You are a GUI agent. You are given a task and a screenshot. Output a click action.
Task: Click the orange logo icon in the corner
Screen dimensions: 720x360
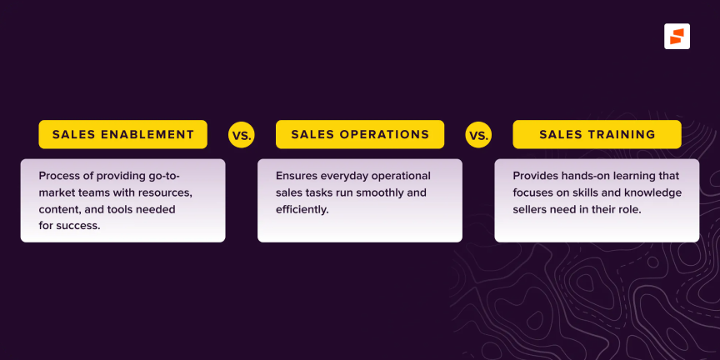click(x=677, y=37)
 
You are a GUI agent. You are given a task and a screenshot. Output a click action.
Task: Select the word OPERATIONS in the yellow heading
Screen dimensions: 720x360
click(x=384, y=134)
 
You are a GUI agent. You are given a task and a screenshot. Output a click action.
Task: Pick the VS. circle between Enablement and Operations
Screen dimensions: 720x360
click(x=241, y=134)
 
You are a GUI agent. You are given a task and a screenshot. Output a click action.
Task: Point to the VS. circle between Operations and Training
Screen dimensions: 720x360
click(x=478, y=134)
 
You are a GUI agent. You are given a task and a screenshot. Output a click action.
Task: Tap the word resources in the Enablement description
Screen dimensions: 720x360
click(x=169, y=192)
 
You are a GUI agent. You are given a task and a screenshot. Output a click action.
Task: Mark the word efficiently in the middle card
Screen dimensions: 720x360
click(x=302, y=210)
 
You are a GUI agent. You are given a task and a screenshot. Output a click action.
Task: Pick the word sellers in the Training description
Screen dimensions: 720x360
click(x=528, y=209)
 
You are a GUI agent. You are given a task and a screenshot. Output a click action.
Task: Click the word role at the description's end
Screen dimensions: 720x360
click(x=632, y=209)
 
